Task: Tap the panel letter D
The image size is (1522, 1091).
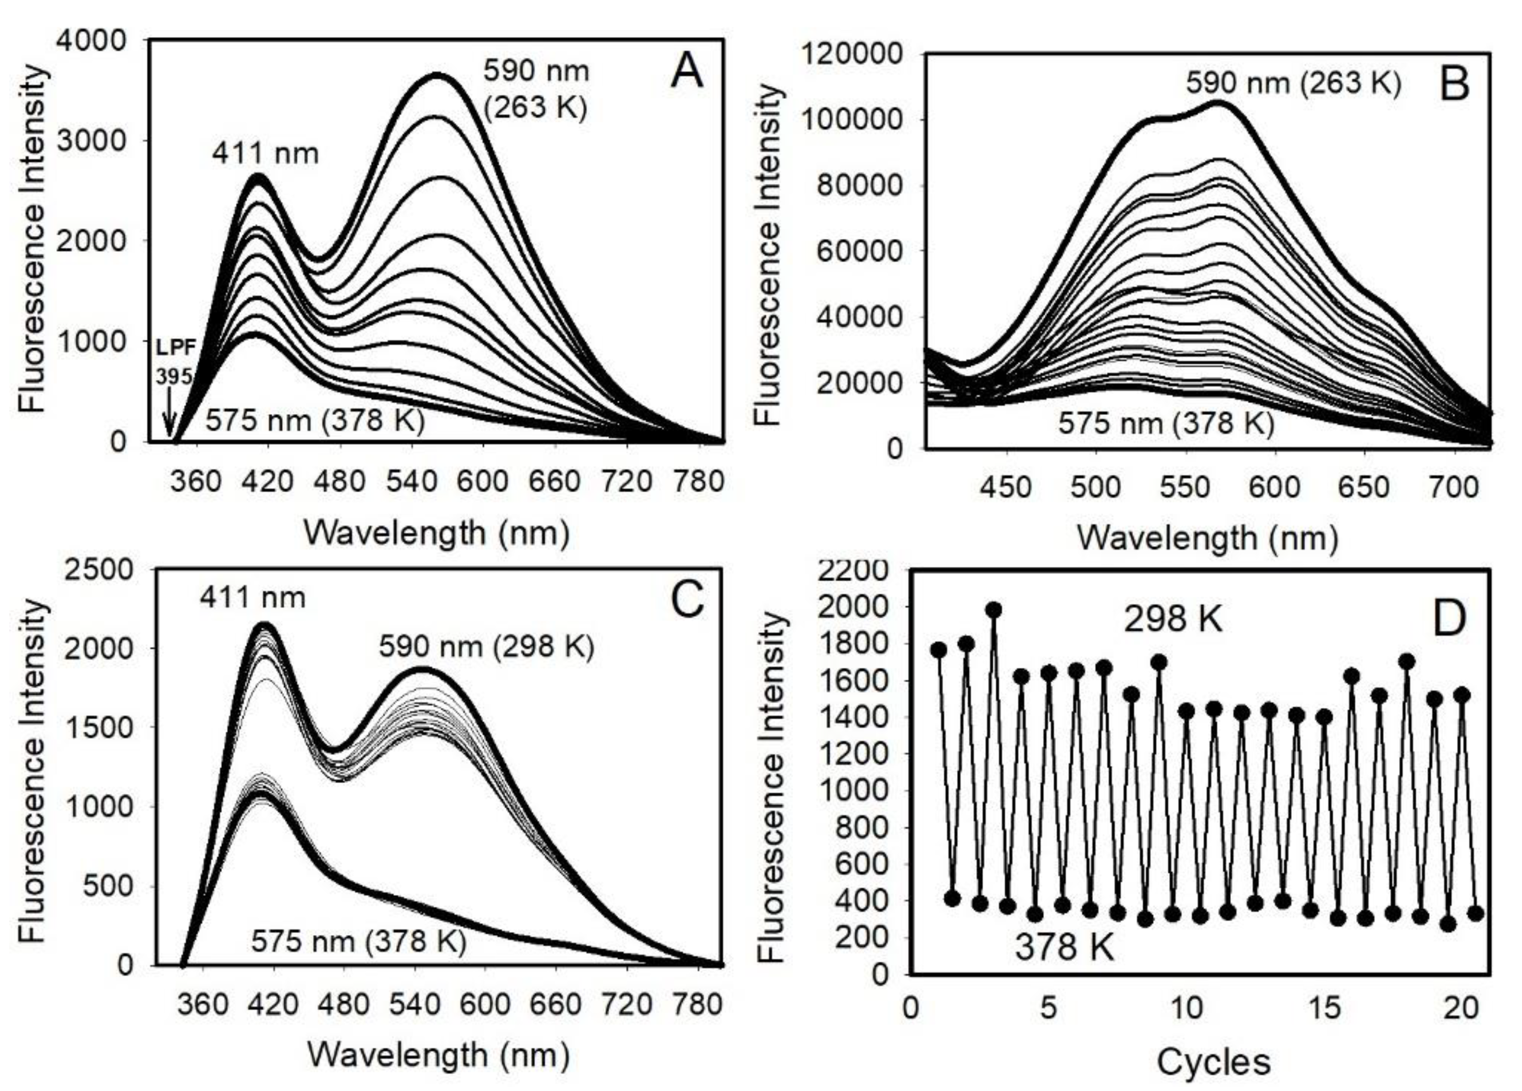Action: tap(1449, 619)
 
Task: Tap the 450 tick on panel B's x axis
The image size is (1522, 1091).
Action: tap(1004, 487)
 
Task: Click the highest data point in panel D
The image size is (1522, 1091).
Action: tap(994, 610)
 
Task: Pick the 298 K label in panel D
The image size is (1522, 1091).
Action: tap(1173, 619)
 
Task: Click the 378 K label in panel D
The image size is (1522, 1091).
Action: tap(1064, 948)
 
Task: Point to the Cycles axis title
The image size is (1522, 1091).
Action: tap(1213, 1062)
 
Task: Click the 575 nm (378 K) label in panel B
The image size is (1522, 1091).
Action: tap(1166, 423)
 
